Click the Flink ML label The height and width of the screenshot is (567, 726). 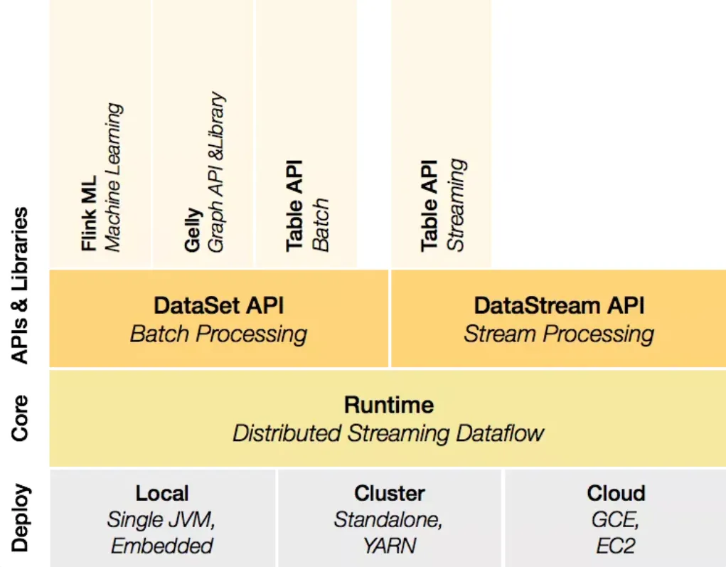[x=89, y=213]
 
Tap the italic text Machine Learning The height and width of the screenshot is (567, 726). [x=112, y=177]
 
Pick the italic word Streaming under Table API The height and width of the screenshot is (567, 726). [x=456, y=204]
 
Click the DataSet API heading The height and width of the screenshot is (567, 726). [x=218, y=306]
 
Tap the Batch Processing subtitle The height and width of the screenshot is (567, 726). [x=218, y=334]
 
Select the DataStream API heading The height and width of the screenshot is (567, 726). [x=559, y=306]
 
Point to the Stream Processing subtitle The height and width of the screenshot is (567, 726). [x=559, y=334]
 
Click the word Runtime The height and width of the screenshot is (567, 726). [x=388, y=405]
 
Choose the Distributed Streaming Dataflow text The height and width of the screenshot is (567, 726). [x=388, y=433]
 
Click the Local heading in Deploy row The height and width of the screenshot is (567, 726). [x=162, y=493]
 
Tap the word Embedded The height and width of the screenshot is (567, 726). [x=162, y=546]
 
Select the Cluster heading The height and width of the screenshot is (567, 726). [x=389, y=493]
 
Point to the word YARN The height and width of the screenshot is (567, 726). [x=389, y=546]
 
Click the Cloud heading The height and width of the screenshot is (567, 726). [x=616, y=493]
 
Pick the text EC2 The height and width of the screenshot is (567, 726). [x=616, y=546]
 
